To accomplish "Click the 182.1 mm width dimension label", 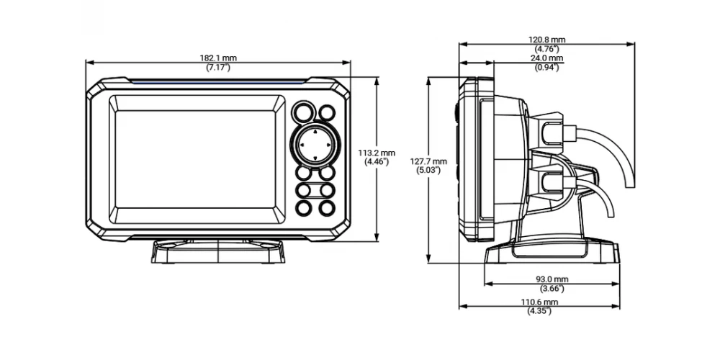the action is (218, 58).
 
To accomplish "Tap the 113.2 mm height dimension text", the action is (377, 153).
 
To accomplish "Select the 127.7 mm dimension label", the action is (428, 161).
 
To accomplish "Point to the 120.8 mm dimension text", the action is (547, 40).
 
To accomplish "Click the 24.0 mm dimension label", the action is (547, 58).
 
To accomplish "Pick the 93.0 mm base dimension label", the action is (552, 279).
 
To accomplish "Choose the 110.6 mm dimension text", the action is (539, 302).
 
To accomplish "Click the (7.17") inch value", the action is (218, 68).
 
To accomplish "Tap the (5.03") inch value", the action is (428, 171).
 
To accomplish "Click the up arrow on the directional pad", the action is (315, 132).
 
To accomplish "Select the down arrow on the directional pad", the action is (315, 158).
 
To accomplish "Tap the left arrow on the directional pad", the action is (302, 145).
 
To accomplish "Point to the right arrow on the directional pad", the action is (328, 145).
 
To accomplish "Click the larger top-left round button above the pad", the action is (304, 112).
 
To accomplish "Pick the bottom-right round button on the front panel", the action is (327, 208).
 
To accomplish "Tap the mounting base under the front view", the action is (218, 251).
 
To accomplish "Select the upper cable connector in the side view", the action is (549, 132).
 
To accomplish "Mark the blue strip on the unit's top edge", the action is (218, 81).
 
